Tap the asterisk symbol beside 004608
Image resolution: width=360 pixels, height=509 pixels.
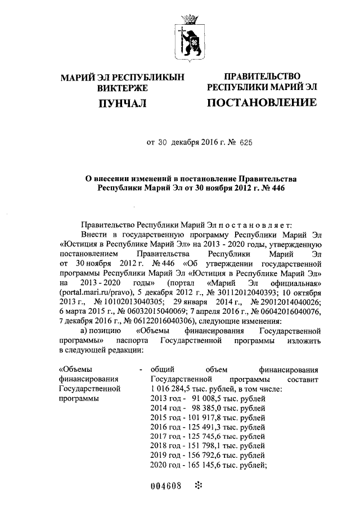coord(197,485)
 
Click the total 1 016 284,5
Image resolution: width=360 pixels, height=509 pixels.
coord(174,389)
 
